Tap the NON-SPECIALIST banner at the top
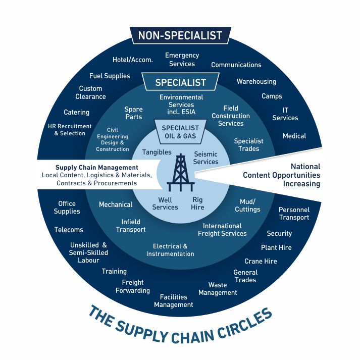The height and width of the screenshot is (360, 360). (180, 35)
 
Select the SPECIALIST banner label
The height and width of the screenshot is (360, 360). (180, 82)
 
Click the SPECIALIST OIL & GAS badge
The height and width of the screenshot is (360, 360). (180, 132)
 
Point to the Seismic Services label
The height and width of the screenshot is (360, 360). (205, 158)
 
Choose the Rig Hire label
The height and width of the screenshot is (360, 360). (197, 203)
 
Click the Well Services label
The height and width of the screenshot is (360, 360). (165, 203)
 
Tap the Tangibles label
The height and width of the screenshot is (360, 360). (157, 152)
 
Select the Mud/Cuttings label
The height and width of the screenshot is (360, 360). (247, 205)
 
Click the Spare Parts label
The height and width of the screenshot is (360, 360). (133, 113)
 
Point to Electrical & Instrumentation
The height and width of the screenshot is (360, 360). (170, 250)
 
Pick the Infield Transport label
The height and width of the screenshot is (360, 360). (131, 226)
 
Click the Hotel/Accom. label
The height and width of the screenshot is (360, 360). (132, 60)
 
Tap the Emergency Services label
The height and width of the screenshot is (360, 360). (182, 60)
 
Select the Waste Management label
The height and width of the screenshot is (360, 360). (218, 289)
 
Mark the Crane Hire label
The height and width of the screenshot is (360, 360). (261, 261)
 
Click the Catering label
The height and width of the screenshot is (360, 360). (76, 112)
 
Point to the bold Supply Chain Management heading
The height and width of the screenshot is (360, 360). (96, 167)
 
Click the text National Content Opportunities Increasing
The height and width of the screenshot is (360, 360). (281, 175)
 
